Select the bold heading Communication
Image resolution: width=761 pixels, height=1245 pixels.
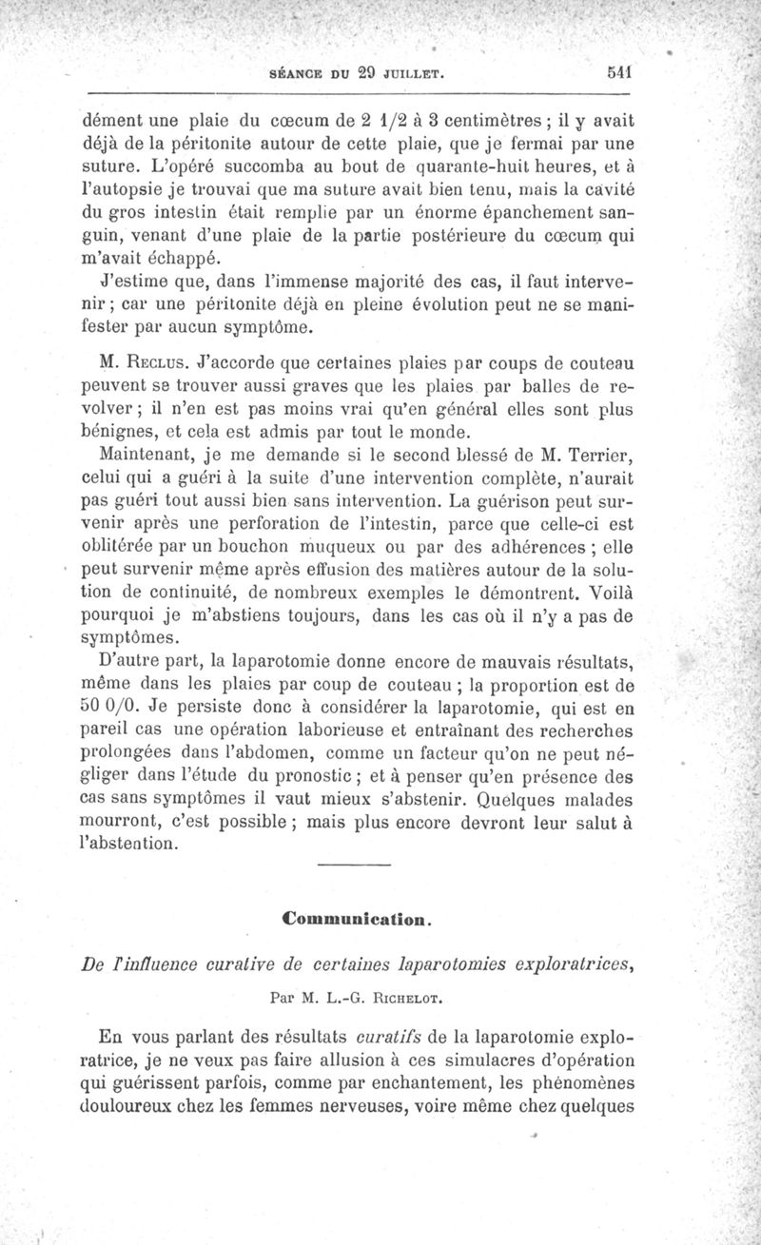click(x=360, y=920)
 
